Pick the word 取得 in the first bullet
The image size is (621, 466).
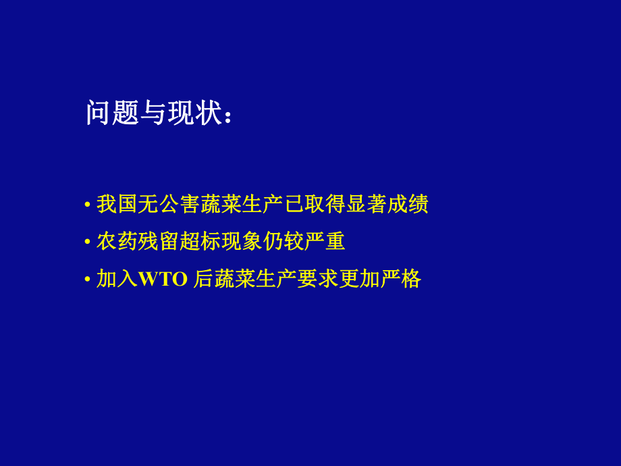coord(325,204)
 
